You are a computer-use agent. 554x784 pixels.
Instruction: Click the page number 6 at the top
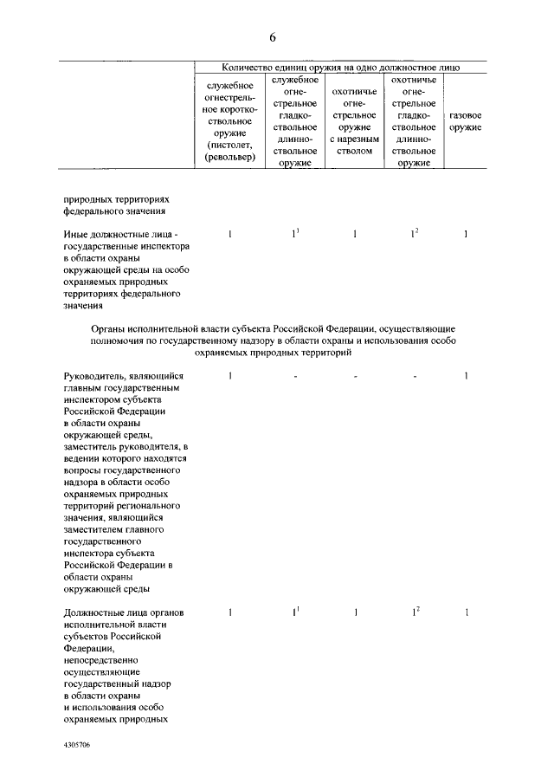coord(273,37)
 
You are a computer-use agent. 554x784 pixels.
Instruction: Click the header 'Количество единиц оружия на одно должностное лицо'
coord(340,66)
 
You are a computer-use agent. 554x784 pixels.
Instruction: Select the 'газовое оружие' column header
coord(466,121)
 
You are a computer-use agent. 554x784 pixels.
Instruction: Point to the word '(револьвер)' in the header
coord(230,157)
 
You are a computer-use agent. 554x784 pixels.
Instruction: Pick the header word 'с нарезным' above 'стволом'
coord(355,139)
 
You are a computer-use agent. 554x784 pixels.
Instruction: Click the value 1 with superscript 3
coord(295,234)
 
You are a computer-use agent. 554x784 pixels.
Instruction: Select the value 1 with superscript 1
coord(295,612)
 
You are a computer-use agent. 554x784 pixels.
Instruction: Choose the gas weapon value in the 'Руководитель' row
coord(466,375)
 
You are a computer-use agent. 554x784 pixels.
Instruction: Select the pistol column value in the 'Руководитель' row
coord(230,375)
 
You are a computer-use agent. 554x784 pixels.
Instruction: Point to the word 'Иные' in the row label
coord(75,235)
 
